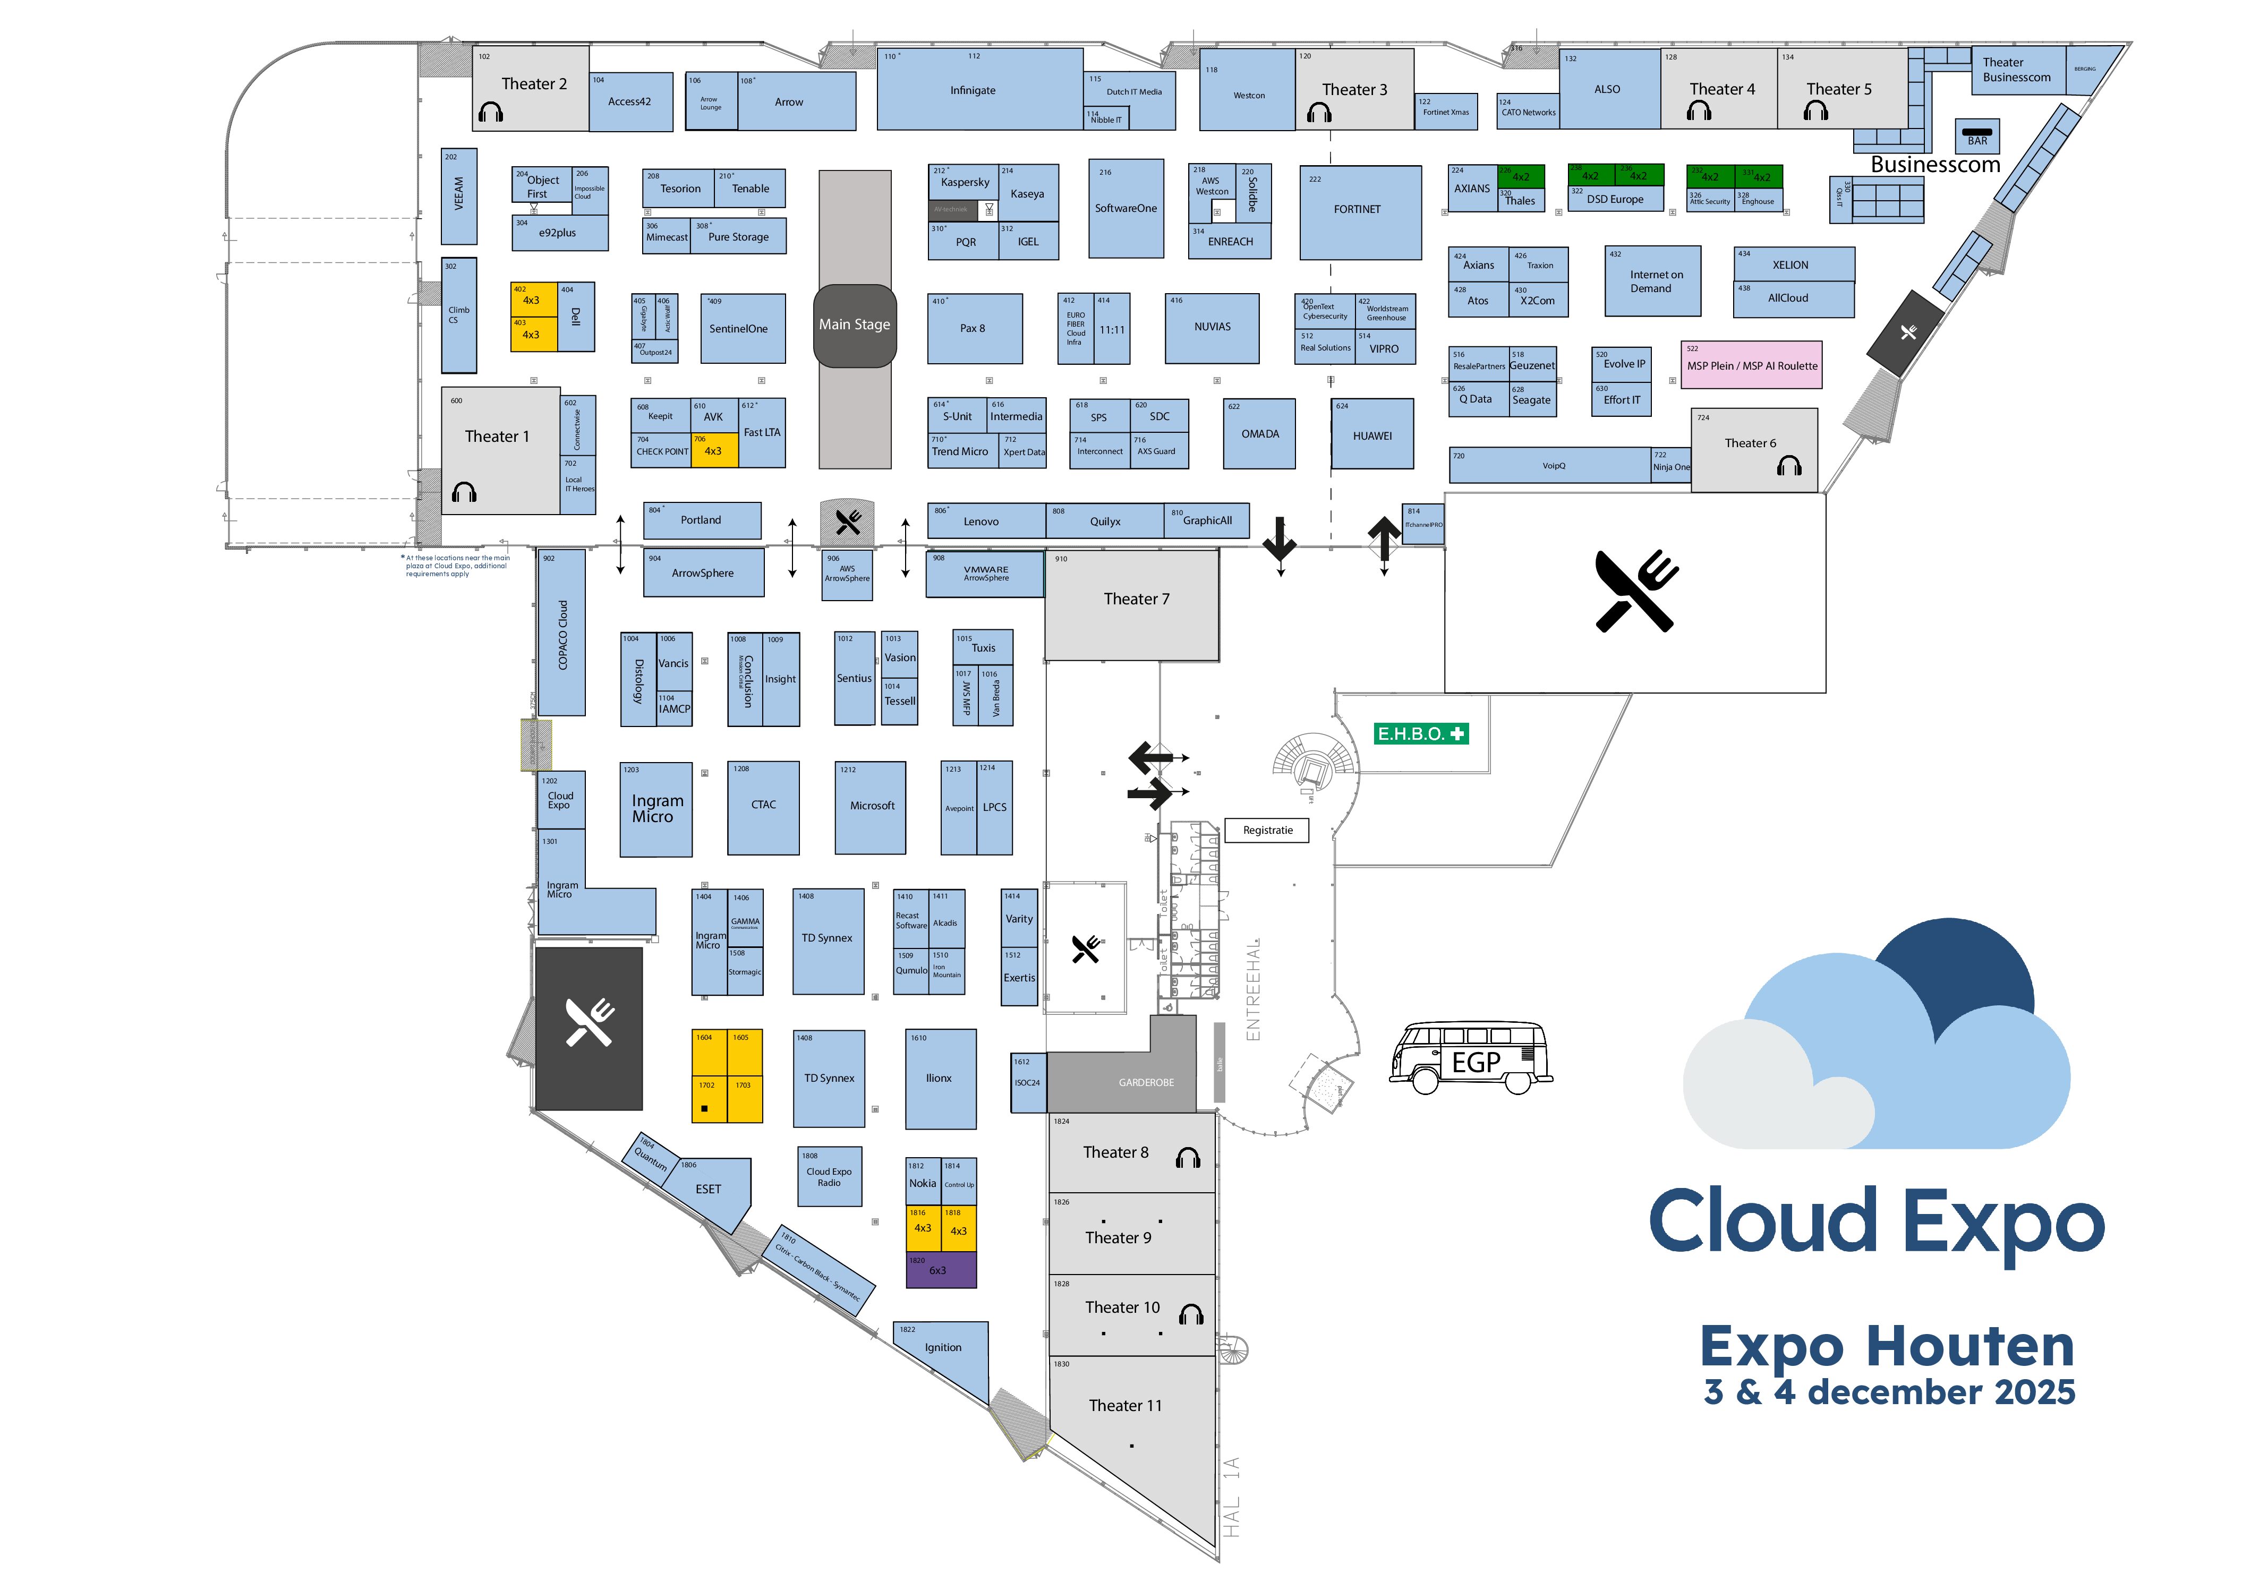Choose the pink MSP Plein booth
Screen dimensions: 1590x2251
click(x=1751, y=366)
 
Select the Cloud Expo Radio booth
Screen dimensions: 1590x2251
click(x=830, y=1176)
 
